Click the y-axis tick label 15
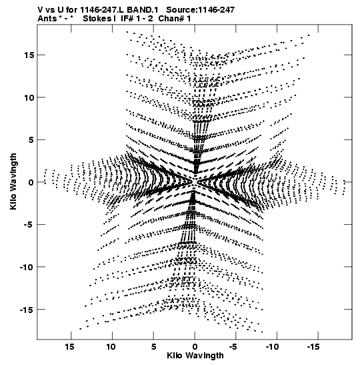[29, 55]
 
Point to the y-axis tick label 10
[29, 97]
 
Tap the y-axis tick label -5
[29, 225]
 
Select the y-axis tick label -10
[27, 267]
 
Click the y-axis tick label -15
[27, 310]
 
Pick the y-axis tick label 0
[31, 182]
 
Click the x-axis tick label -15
[313, 346]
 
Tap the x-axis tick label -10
[272, 346]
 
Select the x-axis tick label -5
[233, 346]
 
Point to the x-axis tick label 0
[195, 346]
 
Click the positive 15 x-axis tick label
[70, 346]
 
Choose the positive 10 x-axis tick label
[111, 346]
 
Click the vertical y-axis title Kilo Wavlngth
[13, 181]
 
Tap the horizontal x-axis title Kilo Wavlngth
[195, 356]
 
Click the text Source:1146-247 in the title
[201, 10]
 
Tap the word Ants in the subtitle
[47, 19]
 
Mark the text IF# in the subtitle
[127, 19]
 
